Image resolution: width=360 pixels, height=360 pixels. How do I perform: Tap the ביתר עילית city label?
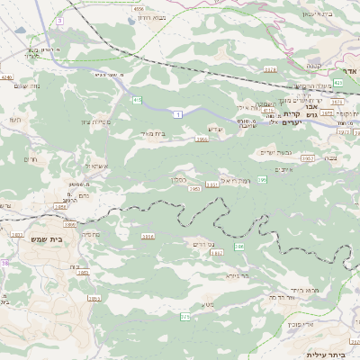tap(327, 354)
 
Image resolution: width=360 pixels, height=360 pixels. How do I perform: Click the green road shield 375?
tap(185, 317)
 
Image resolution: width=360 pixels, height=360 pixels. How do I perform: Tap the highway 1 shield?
tap(179, 114)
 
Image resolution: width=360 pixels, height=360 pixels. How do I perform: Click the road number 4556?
tap(139, 9)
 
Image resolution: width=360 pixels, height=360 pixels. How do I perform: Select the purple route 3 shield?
tap(59, 19)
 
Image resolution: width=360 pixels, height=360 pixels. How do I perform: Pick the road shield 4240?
tap(8, 77)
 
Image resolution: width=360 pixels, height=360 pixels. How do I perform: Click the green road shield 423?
tap(337, 83)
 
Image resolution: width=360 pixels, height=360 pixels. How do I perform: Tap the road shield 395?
tap(262, 181)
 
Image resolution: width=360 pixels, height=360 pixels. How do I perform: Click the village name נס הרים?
tap(201, 244)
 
